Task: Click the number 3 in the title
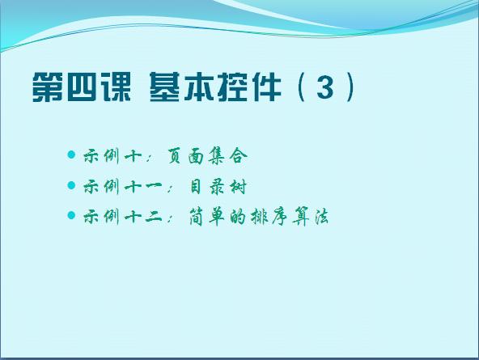[324, 87]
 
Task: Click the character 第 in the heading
[47, 87]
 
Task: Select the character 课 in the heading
[116, 87]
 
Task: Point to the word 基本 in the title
[181, 87]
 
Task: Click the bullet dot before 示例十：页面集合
[71, 155]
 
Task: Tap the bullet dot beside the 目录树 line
[71, 185]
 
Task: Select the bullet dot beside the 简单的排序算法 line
[71, 215]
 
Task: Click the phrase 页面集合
[207, 156]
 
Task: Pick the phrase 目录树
[218, 187]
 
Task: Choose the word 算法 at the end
[310, 217]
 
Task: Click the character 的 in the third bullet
[237, 217]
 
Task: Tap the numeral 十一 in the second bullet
[143, 187]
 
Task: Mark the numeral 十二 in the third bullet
[143, 217]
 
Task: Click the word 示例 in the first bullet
[101, 156]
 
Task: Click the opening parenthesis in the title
[302, 87]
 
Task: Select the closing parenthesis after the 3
[350, 87]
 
